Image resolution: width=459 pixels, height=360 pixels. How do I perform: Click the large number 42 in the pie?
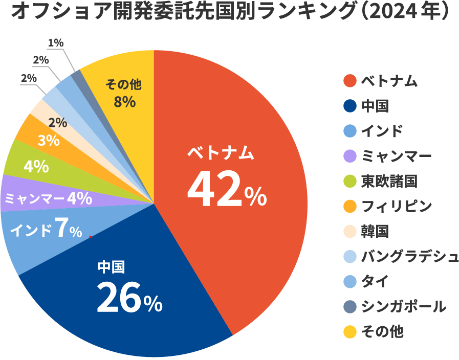click(213, 191)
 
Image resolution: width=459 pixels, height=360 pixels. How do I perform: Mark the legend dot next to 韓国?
click(349, 231)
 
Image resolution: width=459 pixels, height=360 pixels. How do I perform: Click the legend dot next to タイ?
click(349, 281)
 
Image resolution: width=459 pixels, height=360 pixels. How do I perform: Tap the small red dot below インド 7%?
click(90, 237)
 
